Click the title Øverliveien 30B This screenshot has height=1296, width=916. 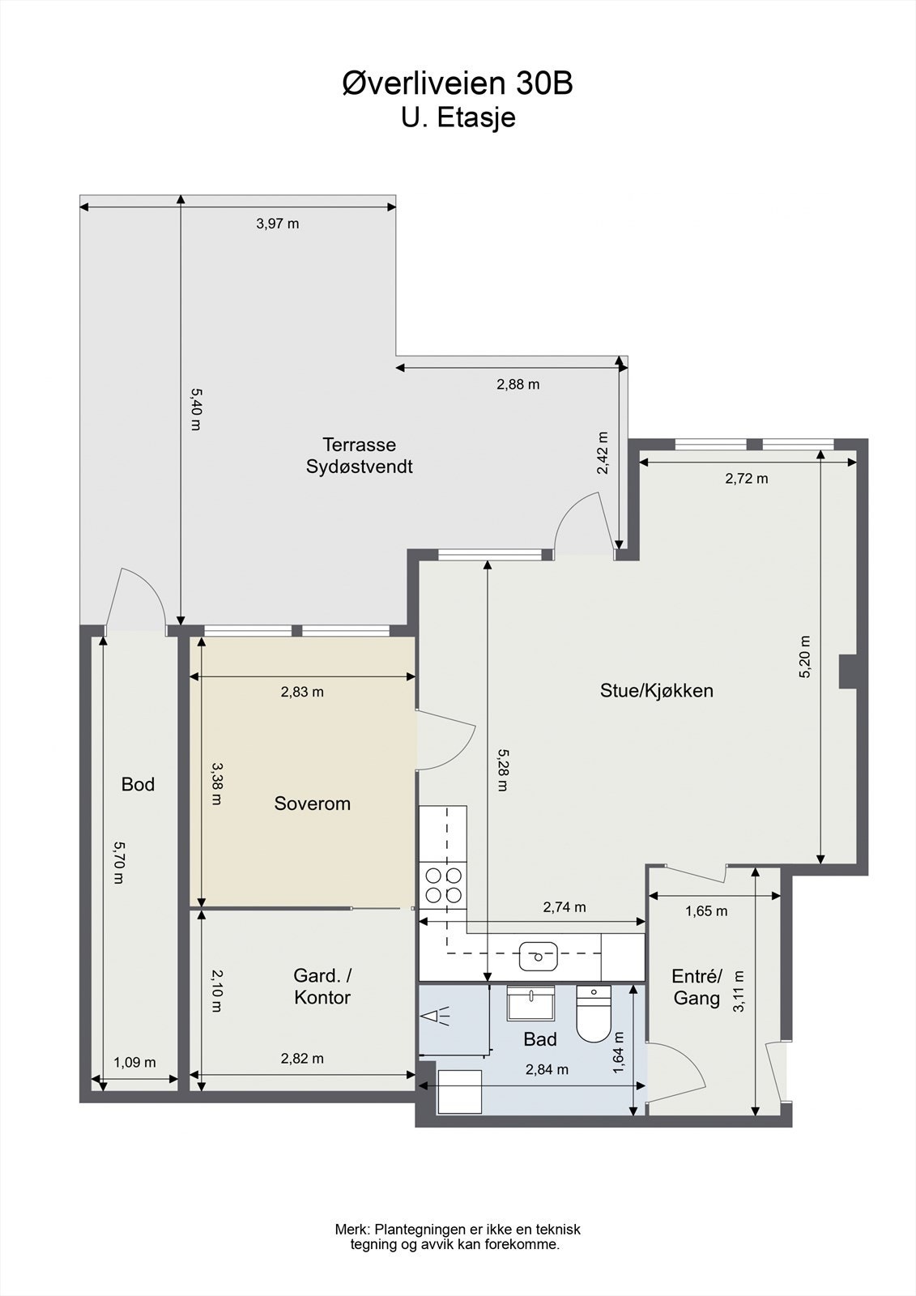point(458,83)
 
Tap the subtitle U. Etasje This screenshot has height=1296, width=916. point(458,118)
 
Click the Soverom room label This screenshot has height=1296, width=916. point(312,804)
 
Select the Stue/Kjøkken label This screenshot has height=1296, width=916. point(656,690)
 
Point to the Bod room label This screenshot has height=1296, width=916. point(138,784)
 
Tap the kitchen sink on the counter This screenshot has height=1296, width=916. point(536,955)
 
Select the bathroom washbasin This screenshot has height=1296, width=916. point(530,1004)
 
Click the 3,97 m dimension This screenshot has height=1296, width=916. point(277,224)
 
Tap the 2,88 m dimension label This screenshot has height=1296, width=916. point(518,384)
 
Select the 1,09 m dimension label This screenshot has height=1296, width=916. point(134,1062)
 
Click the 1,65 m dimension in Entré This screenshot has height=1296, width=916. point(706,911)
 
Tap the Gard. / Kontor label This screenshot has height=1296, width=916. point(322,986)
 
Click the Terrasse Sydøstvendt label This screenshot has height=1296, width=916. point(359,455)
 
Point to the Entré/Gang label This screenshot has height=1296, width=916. point(697,987)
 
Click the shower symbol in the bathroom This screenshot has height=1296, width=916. point(437,1017)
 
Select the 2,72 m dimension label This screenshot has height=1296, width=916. point(746,479)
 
